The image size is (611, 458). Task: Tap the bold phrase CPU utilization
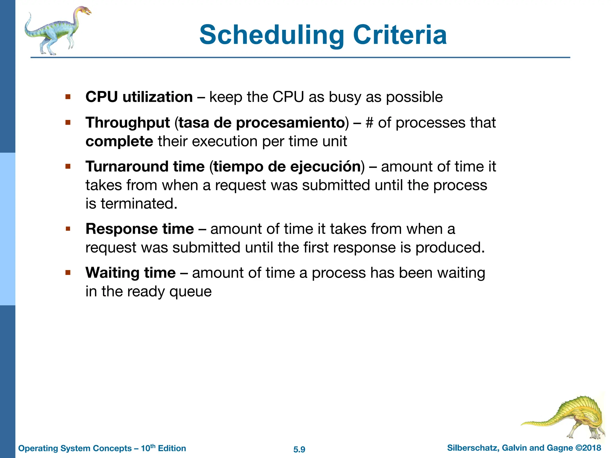click(139, 97)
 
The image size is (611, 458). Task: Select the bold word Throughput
click(128, 123)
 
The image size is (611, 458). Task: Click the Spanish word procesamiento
click(290, 123)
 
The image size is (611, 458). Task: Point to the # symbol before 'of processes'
click(369, 123)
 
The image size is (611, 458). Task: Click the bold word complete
click(119, 141)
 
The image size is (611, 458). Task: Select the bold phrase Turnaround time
click(145, 166)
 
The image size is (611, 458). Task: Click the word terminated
click(139, 204)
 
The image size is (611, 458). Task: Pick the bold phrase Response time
click(140, 229)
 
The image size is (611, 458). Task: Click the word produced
click(450, 248)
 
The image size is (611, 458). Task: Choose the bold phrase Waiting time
click(130, 273)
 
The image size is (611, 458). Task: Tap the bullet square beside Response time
click(68, 229)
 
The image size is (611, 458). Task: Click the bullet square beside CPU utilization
click(68, 97)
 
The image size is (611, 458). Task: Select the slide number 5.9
click(299, 449)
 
